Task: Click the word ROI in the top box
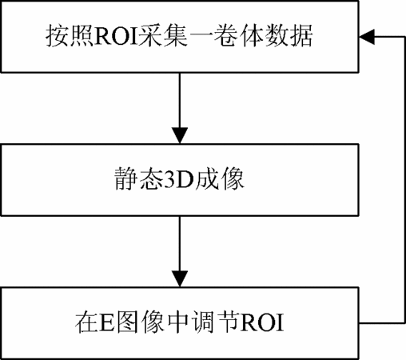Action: pos(115,36)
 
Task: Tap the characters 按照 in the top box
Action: pos(69,36)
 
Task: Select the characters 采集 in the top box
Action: pos(162,36)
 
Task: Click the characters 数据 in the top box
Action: pos(289,36)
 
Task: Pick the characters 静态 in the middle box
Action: pos(138,178)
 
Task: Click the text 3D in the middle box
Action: pos(178,179)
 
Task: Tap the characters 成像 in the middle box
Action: pos(219,178)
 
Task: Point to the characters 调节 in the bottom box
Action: pos(216,322)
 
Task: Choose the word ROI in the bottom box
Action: pos(262,322)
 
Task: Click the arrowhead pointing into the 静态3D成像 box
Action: pos(180,136)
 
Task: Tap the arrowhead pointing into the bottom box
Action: pos(180,279)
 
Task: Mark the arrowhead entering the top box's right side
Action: pos(367,37)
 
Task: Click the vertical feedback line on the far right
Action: pos(404,180)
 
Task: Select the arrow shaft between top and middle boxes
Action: pos(180,101)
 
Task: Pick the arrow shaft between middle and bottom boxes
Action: pos(180,244)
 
